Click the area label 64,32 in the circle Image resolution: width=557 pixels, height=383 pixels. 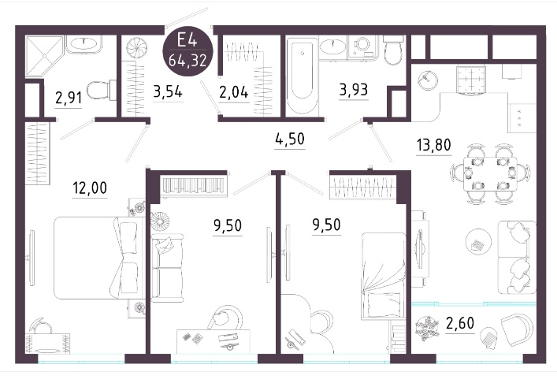[188, 61]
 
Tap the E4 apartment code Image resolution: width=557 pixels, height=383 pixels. [187, 39]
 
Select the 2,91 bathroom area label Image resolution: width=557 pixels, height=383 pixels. [69, 98]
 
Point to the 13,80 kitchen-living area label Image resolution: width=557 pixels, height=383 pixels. [433, 145]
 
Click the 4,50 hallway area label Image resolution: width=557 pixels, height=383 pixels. [290, 139]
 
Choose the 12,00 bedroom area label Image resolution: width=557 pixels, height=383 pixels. [90, 188]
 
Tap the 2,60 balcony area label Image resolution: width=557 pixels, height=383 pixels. [460, 323]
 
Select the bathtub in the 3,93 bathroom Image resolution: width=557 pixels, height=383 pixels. [302, 76]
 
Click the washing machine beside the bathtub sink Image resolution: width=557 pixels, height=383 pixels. [362, 46]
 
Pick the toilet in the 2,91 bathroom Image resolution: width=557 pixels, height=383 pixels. [102, 91]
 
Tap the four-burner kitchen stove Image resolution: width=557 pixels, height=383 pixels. [470, 80]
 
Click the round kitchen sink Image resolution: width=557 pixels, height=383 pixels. [427, 80]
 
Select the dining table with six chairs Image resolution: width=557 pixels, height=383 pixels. [490, 174]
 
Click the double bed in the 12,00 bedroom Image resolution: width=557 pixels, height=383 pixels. [97, 258]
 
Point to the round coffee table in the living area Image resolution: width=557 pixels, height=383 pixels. [478, 242]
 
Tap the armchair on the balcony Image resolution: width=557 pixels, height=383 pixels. [517, 329]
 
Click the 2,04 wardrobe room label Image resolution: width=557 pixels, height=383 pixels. [234, 92]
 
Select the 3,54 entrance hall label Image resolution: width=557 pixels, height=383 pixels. [168, 91]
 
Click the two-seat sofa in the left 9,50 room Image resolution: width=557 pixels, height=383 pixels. [167, 267]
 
